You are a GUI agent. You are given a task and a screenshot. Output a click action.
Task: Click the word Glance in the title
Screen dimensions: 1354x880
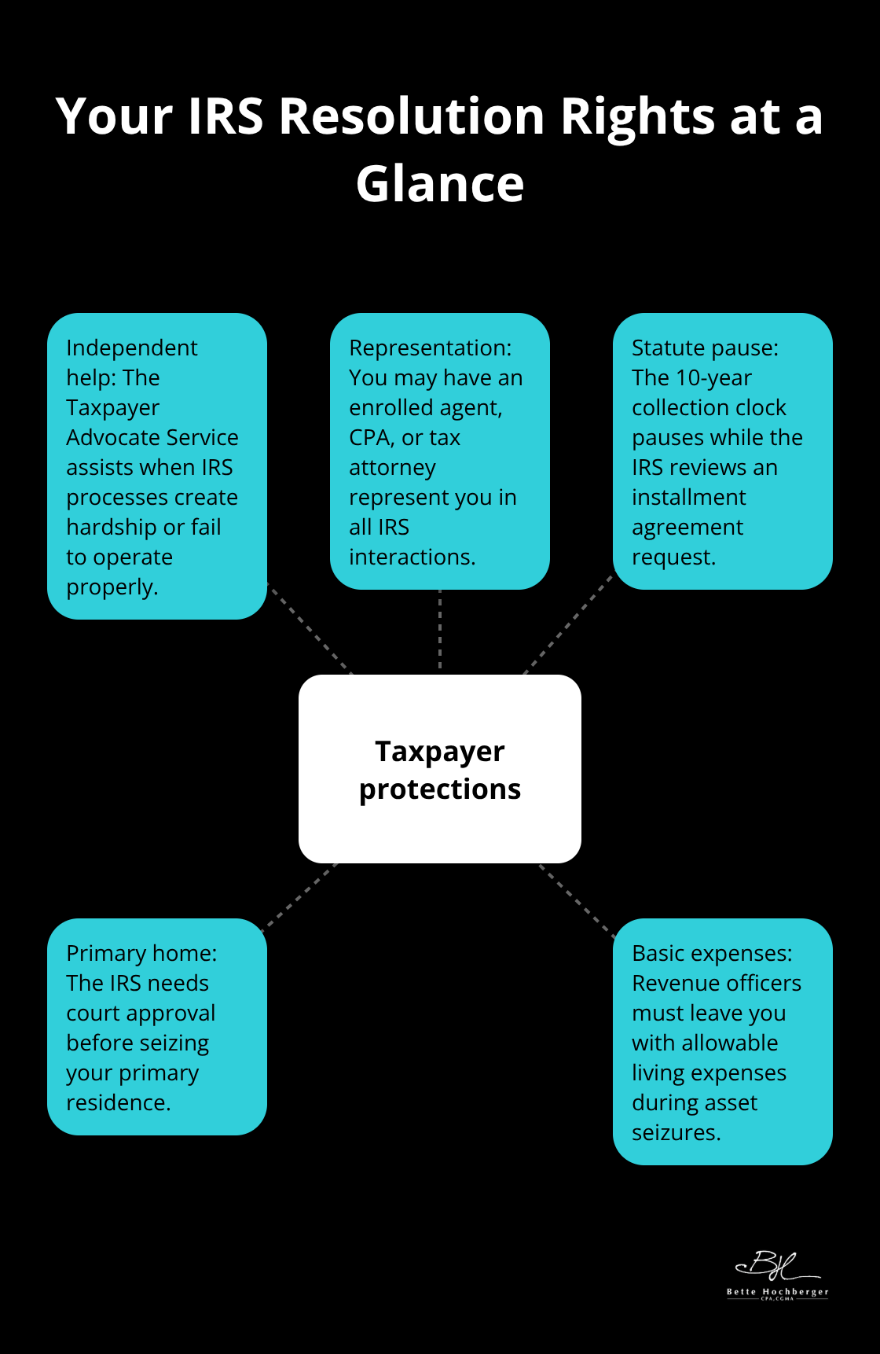point(440,184)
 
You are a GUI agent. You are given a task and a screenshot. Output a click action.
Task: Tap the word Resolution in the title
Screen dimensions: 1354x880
point(412,116)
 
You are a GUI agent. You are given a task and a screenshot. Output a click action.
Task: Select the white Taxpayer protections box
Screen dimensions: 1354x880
point(440,768)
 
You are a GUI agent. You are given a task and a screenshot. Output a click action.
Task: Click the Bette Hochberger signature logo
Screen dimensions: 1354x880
point(776,1275)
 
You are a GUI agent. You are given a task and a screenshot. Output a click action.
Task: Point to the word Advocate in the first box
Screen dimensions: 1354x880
point(109,437)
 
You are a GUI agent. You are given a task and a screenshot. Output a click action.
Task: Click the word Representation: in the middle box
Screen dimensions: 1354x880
point(430,348)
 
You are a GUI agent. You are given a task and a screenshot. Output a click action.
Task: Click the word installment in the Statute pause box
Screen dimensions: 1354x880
point(688,497)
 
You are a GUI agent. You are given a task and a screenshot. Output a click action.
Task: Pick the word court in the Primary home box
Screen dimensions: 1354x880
point(95,1013)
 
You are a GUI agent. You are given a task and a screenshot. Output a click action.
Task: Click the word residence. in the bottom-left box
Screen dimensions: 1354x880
point(118,1102)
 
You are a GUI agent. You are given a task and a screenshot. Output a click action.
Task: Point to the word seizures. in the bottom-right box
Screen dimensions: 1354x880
point(676,1132)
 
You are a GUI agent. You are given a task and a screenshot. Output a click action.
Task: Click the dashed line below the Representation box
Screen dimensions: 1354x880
point(440,629)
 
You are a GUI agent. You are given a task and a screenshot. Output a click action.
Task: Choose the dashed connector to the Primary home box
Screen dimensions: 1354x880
point(299,896)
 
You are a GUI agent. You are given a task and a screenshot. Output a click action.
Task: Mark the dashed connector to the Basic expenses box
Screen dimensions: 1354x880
point(577,900)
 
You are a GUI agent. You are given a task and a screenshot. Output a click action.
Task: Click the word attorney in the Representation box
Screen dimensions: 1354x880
point(392,467)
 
